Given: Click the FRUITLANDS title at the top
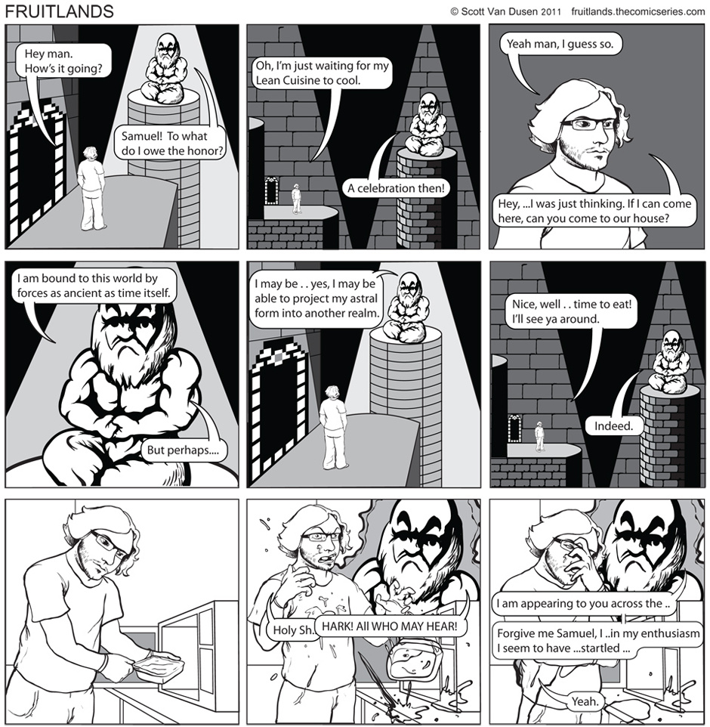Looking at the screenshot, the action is [x=59, y=11].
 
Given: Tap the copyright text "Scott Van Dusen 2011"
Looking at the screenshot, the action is [x=511, y=11].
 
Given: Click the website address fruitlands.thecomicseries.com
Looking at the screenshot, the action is [x=638, y=11].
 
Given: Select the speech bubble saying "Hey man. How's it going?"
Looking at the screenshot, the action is [x=63, y=60].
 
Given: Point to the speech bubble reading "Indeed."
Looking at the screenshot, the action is [x=614, y=425].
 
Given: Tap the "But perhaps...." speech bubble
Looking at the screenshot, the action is [x=183, y=450].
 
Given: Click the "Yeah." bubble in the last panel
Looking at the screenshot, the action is [x=585, y=701].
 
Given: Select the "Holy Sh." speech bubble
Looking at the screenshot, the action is [x=292, y=630].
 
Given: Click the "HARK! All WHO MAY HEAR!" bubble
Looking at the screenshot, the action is [x=390, y=626].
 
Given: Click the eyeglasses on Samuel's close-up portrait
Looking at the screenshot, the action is [x=588, y=124].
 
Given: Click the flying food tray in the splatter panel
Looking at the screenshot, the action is [x=411, y=659].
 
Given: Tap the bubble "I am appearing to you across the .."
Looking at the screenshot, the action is [x=583, y=603].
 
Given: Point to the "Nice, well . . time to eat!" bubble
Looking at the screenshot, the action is [x=572, y=311].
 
